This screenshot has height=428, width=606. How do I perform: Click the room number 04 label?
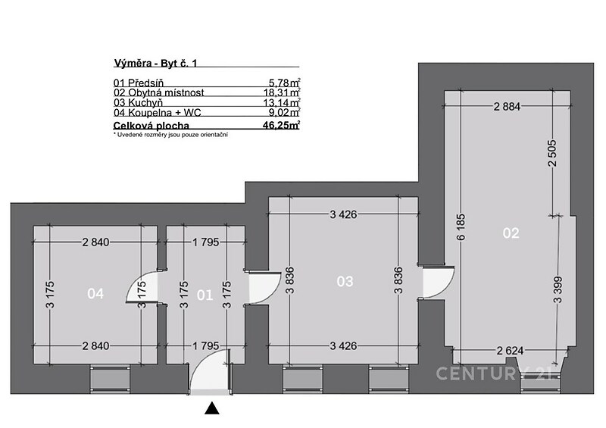[x=95, y=294]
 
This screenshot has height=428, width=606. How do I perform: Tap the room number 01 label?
[x=205, y=295]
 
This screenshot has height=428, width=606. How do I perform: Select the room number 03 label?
[x=345, y=282]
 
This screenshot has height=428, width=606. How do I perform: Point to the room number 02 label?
[x=511, y=233]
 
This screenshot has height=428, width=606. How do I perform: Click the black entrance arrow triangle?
[x=212, y=408]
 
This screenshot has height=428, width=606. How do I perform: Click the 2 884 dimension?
[x=507, y=106]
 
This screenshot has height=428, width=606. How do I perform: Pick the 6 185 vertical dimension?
[x=461, y=227]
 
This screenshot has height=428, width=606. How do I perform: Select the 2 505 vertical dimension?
[x=552, y=153]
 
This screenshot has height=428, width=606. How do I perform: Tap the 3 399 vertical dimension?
[x=558, y=289]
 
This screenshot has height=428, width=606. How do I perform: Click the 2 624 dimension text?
[x=510, y=351]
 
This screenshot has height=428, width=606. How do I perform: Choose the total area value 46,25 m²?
[x=281, y=125]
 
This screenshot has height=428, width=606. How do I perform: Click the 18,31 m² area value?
[x=282, y=92]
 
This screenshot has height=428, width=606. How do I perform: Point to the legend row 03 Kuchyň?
[x=207, y=102]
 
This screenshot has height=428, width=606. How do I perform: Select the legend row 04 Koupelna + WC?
[x=207, y=113]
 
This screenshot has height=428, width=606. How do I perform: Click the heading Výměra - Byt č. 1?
[x=156, y=64]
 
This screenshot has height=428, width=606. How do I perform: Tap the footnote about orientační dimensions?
[x=170, y=135]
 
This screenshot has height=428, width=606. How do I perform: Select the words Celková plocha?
[x=151, y=126]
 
